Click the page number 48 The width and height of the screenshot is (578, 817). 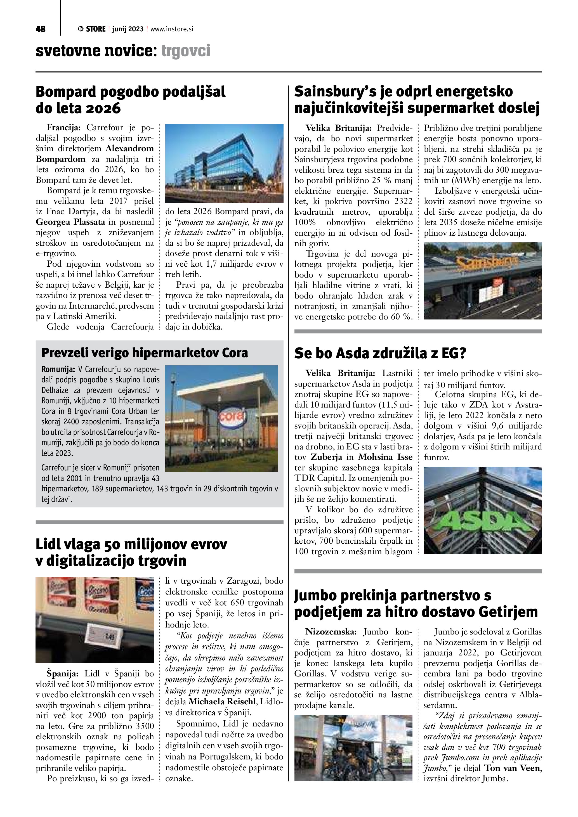pos(41,29)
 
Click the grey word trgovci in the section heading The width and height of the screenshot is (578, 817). pos(186,51)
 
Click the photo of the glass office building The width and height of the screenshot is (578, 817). pos(224,163)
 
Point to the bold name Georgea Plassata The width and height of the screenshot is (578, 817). pos(70,222)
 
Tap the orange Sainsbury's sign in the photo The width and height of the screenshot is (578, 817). pos(487,263)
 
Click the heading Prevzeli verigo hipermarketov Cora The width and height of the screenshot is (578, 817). pos(145,353)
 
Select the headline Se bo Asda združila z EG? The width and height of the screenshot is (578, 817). pos(380,353)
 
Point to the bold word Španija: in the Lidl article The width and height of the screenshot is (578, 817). pos(62,674)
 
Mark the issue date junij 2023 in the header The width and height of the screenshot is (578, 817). pos(128,29)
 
